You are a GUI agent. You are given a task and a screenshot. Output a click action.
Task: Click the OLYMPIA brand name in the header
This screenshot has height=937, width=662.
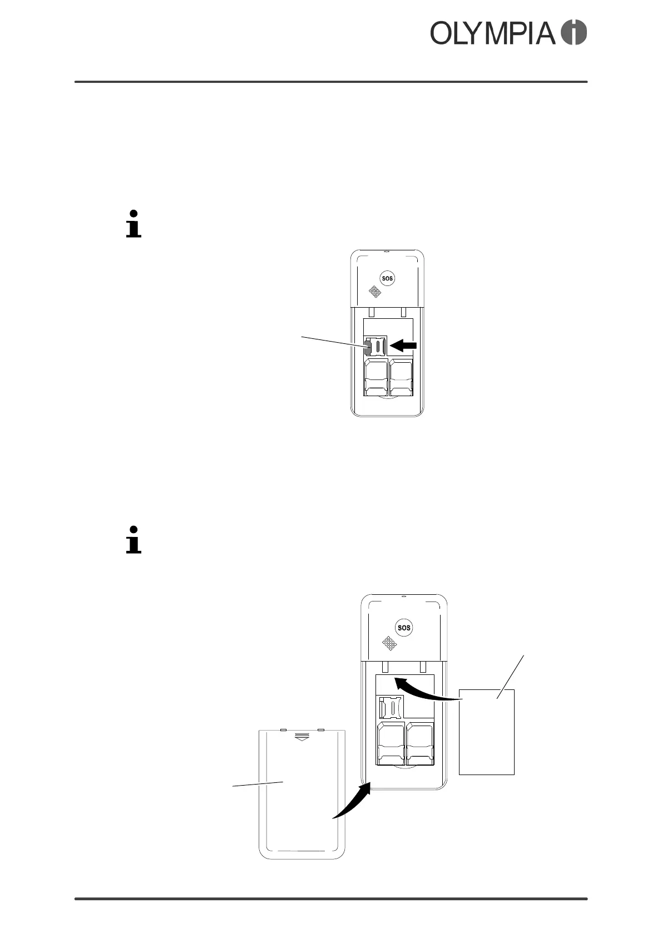(493, 33)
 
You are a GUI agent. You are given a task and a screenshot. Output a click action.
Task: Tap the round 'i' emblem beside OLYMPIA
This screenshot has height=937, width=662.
(574, 33)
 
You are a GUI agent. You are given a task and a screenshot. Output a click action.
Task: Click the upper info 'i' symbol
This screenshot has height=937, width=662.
(134, 224)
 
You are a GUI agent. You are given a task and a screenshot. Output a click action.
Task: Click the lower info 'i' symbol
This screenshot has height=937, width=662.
(134, 539)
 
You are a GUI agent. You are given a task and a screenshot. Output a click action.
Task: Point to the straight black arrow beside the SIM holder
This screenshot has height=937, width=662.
(403, 346)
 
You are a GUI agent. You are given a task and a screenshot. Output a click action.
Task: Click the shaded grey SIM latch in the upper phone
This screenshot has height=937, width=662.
(367, 347)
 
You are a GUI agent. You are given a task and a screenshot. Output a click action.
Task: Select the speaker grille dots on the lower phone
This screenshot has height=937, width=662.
(390, 644)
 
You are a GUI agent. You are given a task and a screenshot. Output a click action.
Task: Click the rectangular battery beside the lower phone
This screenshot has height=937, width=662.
(486, 732)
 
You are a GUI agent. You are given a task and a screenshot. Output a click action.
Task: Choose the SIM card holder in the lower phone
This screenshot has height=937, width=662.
(391, 707)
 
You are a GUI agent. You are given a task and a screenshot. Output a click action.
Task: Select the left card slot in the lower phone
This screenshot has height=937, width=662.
(390, 743)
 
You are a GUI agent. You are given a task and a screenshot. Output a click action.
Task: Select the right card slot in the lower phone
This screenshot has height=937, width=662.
(420, 743)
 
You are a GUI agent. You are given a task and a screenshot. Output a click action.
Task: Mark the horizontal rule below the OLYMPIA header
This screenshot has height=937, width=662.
(331, 82)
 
